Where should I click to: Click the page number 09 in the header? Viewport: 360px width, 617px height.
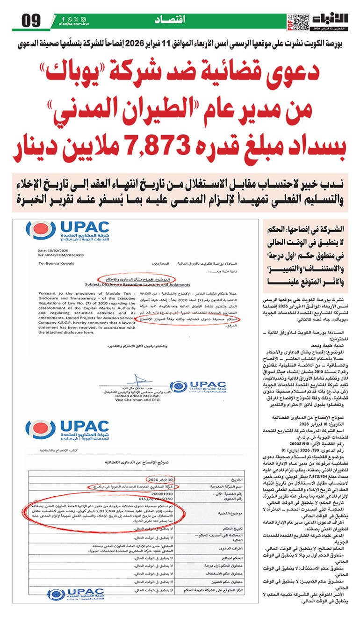(29, 21)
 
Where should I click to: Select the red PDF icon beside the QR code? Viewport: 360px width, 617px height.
(289, 21)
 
